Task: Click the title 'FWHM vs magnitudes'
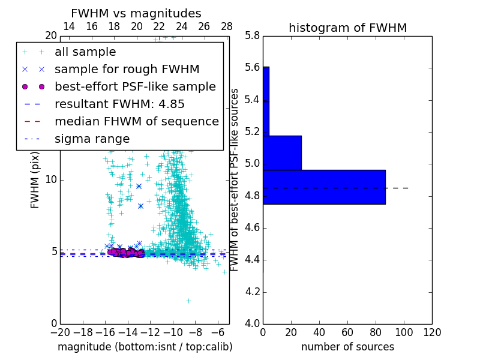pyautogui.click(x=136, y=13)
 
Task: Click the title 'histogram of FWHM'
pyautogui.click(x=347, y=28)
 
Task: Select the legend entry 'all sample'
pyautogui.click(x=85, y=52)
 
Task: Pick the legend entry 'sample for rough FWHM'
pyautogui.click(x=127, y=69)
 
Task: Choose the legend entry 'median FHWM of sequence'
pyautogui.click(x=136, y=121)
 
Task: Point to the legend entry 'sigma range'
pyautogui.click(x=92, y=139)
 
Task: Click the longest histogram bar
pyautogui.click(x=324, y=187)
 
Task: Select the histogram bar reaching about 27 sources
pyautogui.click(x=282, y=153)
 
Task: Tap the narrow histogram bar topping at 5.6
pyautogui.click(x=266, y=101)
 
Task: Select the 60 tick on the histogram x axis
pyautogui.click(x=347, y=332)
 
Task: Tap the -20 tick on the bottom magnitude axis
pyautogui.click(x=60, y=332)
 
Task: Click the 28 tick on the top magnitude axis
pyautogui.click(x=227, y=26)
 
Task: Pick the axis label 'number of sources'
pyautogui.click(x=347, y=347)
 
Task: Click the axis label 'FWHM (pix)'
pyautogui.click(x=35, y=180)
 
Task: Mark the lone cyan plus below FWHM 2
pyautogui.click(x=188, y=301)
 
